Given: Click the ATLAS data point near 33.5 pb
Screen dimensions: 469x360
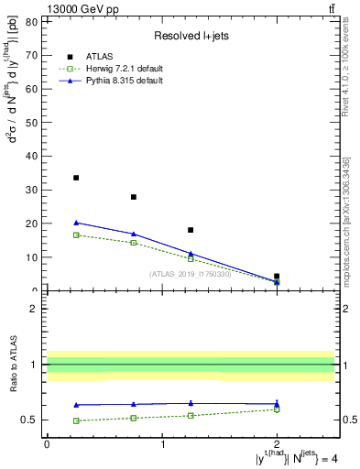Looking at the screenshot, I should (x=76, y=178).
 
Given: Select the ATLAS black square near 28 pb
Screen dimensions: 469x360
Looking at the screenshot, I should (x=134, y=197).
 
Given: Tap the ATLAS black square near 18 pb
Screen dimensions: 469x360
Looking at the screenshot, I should (x=191, y=230).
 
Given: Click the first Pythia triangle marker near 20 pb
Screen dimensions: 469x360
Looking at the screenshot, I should (x=76, y=223).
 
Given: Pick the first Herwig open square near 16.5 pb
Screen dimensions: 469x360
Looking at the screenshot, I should (x=76, y=235).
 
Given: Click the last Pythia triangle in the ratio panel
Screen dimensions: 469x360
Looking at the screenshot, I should (x=277, y=403).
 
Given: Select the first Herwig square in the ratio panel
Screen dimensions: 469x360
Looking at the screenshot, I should (x=76, y=420).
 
